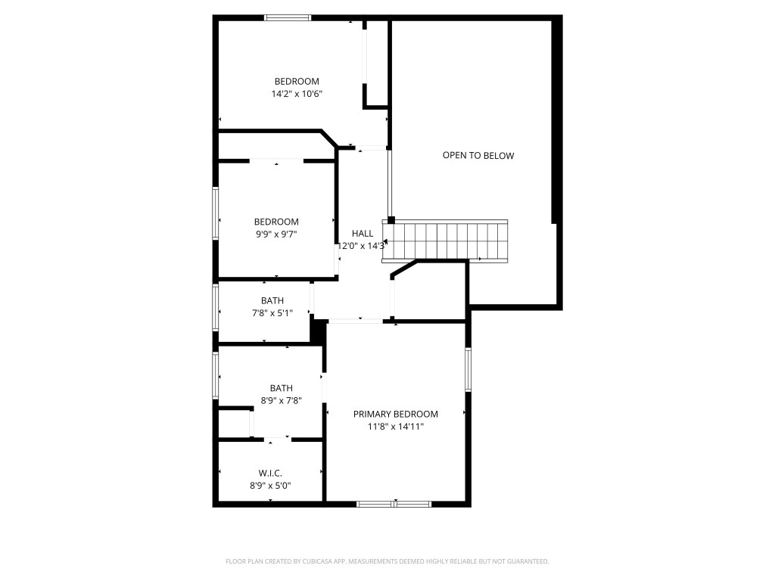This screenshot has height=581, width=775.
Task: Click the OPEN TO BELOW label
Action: point(478,156)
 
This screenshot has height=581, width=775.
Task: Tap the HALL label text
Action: point(363,234)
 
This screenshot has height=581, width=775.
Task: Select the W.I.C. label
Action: point(270,474)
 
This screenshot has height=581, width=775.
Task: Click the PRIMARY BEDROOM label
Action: point(396,414)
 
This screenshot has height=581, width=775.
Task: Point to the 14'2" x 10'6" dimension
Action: point(297,95)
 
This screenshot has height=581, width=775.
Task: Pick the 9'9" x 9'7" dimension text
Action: point(275,235)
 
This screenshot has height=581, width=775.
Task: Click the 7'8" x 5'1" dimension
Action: point(272,313)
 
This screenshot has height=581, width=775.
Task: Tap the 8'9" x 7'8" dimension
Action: point(281,401)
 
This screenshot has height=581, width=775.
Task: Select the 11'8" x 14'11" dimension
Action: point(396,427)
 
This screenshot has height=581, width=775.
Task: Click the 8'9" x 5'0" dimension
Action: point(270,486)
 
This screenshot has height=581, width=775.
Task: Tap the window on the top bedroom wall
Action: point(288,17)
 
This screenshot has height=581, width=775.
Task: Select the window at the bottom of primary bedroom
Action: point(394,504)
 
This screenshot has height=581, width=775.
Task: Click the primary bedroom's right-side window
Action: point(468,370)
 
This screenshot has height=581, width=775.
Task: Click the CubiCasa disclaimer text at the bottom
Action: point(387,561)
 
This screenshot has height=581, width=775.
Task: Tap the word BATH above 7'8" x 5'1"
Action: point(272,300)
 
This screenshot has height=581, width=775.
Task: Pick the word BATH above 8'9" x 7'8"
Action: point(281,388)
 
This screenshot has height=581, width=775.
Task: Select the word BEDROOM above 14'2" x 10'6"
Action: point(297,82)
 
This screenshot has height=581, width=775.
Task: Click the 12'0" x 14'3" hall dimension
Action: point(362,246)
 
